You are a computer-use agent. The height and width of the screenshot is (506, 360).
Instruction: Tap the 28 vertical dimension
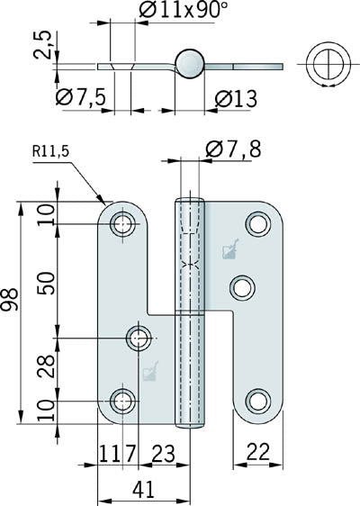[x=49, y=365]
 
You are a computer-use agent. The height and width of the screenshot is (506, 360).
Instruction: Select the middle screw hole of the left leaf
[x=138, y=339]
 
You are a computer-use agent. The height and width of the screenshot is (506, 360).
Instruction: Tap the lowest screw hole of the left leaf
[x=124, y=401]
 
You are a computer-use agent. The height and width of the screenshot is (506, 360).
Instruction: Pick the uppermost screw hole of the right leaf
[x=258, y=224]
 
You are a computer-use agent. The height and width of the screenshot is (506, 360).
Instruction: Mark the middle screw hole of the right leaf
[x=241, y=287]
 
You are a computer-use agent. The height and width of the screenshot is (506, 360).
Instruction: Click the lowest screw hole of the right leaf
[x=258, y=401]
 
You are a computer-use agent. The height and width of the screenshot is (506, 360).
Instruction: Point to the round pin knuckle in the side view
[x=190, y=63]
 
